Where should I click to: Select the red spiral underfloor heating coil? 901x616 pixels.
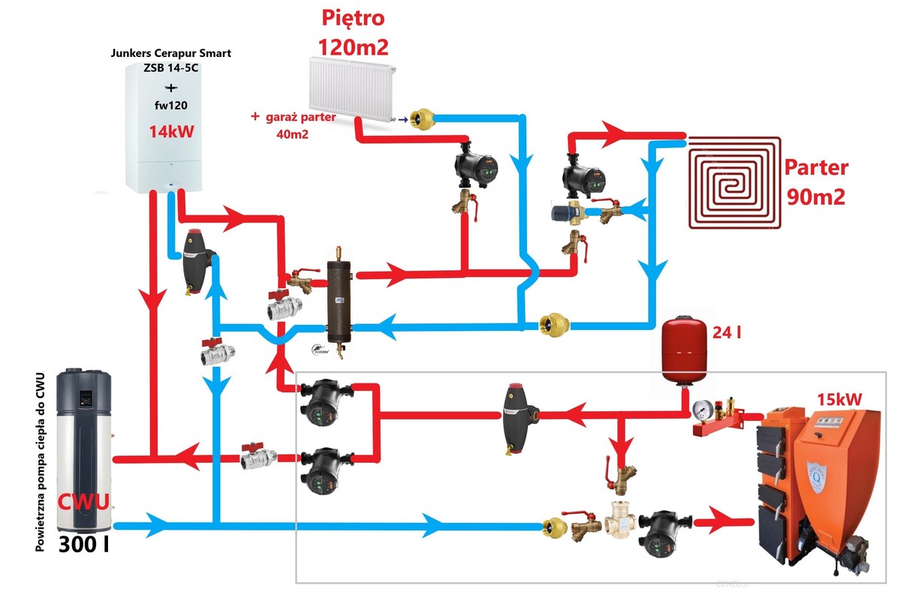(x=734, y=181)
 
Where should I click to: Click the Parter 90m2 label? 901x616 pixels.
(x=815, y=182)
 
